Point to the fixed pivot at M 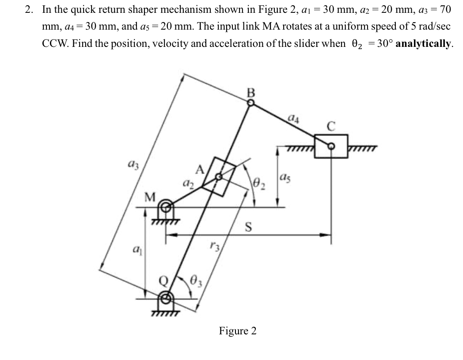[x=166, y=206]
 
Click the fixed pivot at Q [x=166, y=297]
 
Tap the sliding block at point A [x=220, y=176]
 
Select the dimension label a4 [x=292, y=118]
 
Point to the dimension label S [x=249, y=227]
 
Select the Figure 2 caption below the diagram [x=238, y=331]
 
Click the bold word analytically [x=424, y=43]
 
